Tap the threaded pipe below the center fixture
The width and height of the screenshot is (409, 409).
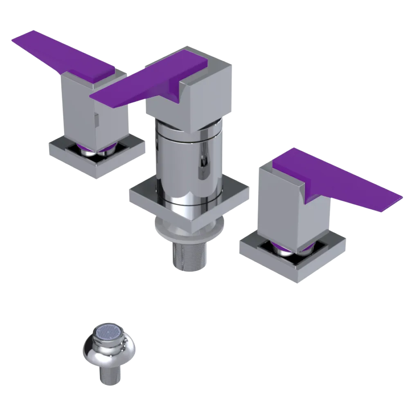coord(189,256)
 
